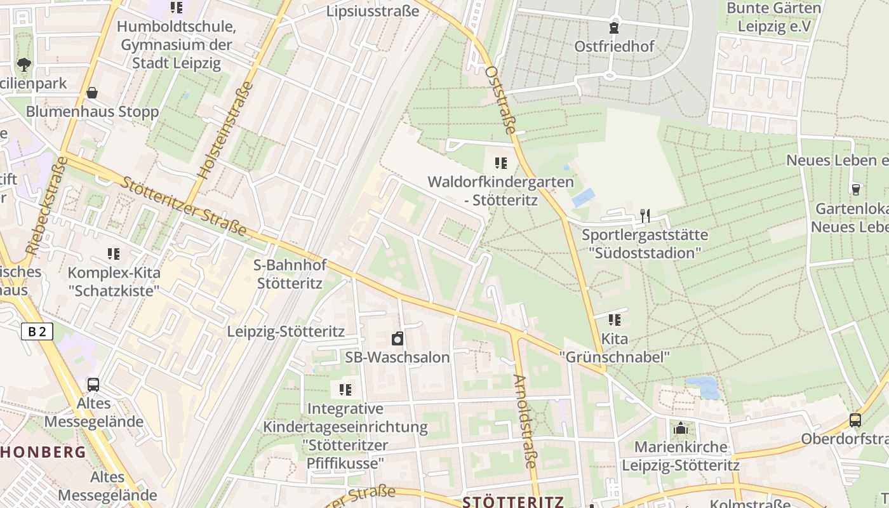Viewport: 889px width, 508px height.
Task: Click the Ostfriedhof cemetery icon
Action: click(614, 28)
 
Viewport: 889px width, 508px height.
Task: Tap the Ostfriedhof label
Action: click(614, 46)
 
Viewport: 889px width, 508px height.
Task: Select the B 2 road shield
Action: click(37, 331)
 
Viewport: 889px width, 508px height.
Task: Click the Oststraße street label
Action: click(500, 100)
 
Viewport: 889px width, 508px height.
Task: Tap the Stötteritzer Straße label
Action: click(182, 206)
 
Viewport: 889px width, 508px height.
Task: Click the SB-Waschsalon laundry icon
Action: click(398, 338)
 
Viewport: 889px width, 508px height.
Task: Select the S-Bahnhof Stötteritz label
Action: click(288, 274)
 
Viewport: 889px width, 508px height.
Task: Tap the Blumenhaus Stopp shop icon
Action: click(92, 93)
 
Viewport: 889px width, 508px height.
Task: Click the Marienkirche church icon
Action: click(681, 429)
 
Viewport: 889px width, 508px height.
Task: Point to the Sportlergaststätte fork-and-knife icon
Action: click(645, 216)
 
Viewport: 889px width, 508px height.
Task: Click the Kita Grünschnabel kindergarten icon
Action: click(614, 319)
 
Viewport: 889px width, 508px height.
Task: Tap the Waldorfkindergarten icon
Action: click(501, 163)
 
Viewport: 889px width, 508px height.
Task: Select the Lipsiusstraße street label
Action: click(373, 11)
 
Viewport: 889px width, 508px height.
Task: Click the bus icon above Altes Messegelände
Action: click(93, 385)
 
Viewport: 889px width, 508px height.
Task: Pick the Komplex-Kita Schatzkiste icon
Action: click(114, 254)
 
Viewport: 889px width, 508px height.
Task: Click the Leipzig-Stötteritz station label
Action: click(286, 331)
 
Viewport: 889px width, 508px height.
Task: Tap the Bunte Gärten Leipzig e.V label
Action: click(773, 17)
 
